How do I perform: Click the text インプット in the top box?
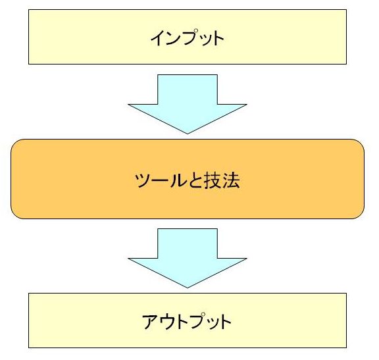(188, 38)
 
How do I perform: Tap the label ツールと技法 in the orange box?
(188, 180)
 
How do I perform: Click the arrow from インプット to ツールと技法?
(188, 104)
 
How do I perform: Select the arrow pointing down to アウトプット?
(188, 258)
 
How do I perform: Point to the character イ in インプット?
(159, 38)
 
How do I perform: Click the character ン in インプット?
(174, 38)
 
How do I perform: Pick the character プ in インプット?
(191, 38)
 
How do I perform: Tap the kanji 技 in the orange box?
(213, 180)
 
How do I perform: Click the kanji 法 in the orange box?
(232, 180)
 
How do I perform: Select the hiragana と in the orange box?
(195, 180)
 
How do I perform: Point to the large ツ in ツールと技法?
(143, 180)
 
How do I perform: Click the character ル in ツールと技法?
(178, 180)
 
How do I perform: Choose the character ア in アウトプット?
(150, 322)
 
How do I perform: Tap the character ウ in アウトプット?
(167, 321)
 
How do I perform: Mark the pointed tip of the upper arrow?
(188, 134)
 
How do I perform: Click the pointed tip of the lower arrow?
(188, 288)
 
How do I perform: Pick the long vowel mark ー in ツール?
(161, 180)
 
